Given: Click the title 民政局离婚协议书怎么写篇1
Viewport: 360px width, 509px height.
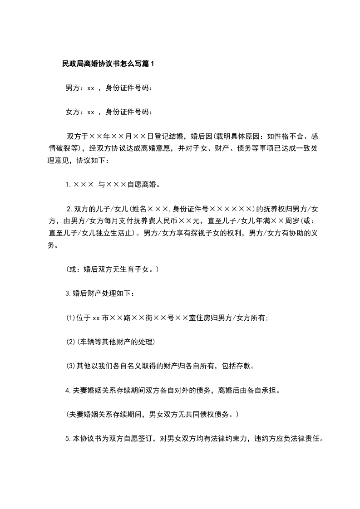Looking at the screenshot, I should click(108, 64).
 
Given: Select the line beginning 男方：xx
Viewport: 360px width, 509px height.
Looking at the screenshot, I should click(109, 88).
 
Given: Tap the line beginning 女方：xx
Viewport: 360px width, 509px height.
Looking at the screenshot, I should click(109, 112).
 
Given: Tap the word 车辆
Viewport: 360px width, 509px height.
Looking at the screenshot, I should click(88, 341).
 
